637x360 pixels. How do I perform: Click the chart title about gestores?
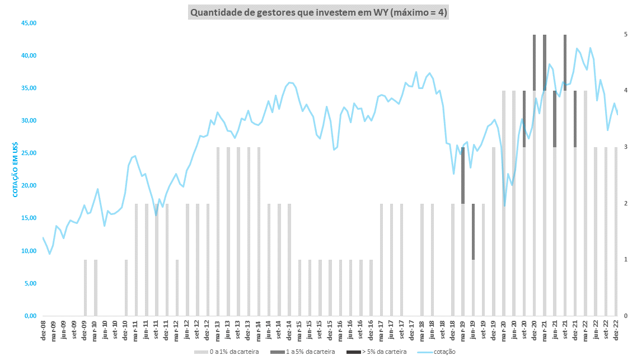318,12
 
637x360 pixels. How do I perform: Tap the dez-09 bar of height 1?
85,288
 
